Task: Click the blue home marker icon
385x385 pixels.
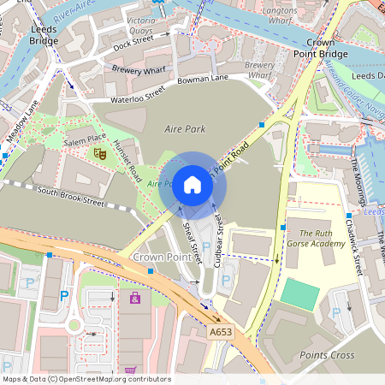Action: pyautogui.click(x=192, y=185)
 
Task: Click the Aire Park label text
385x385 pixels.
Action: pyautogui.click(x=186, y=127)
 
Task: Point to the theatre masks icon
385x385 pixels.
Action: pyautogui.click(x=99, y=153)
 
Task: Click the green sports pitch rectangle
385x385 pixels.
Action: pyautogui.click(x=299, y=293)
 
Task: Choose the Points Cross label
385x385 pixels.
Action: pyautogui.click(x=328, y=354)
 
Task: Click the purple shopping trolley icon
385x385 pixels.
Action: pyautogui.click(x=134, y=298)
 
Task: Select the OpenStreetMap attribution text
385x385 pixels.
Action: pyautogui.click(x=86, y=378)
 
